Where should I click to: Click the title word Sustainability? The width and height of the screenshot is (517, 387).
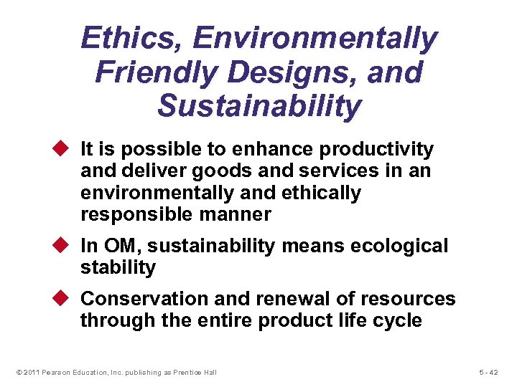coord(259,105)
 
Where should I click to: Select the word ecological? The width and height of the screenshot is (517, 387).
coord(400,247)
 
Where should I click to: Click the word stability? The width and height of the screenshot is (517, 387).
coord(118,268)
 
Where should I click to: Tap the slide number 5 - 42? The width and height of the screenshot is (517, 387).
coord(492,372)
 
